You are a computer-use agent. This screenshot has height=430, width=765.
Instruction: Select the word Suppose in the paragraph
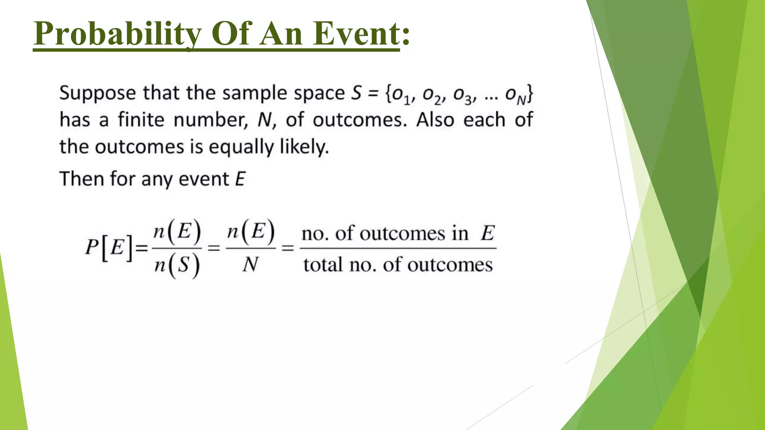97,93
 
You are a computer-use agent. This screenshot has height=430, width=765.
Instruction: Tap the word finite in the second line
141,120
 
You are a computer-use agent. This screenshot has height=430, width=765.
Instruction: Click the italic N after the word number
264,120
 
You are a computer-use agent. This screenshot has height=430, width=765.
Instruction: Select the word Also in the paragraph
435,120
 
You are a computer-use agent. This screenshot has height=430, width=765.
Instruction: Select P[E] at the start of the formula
109,247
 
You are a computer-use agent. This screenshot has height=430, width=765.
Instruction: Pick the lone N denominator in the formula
250,265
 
